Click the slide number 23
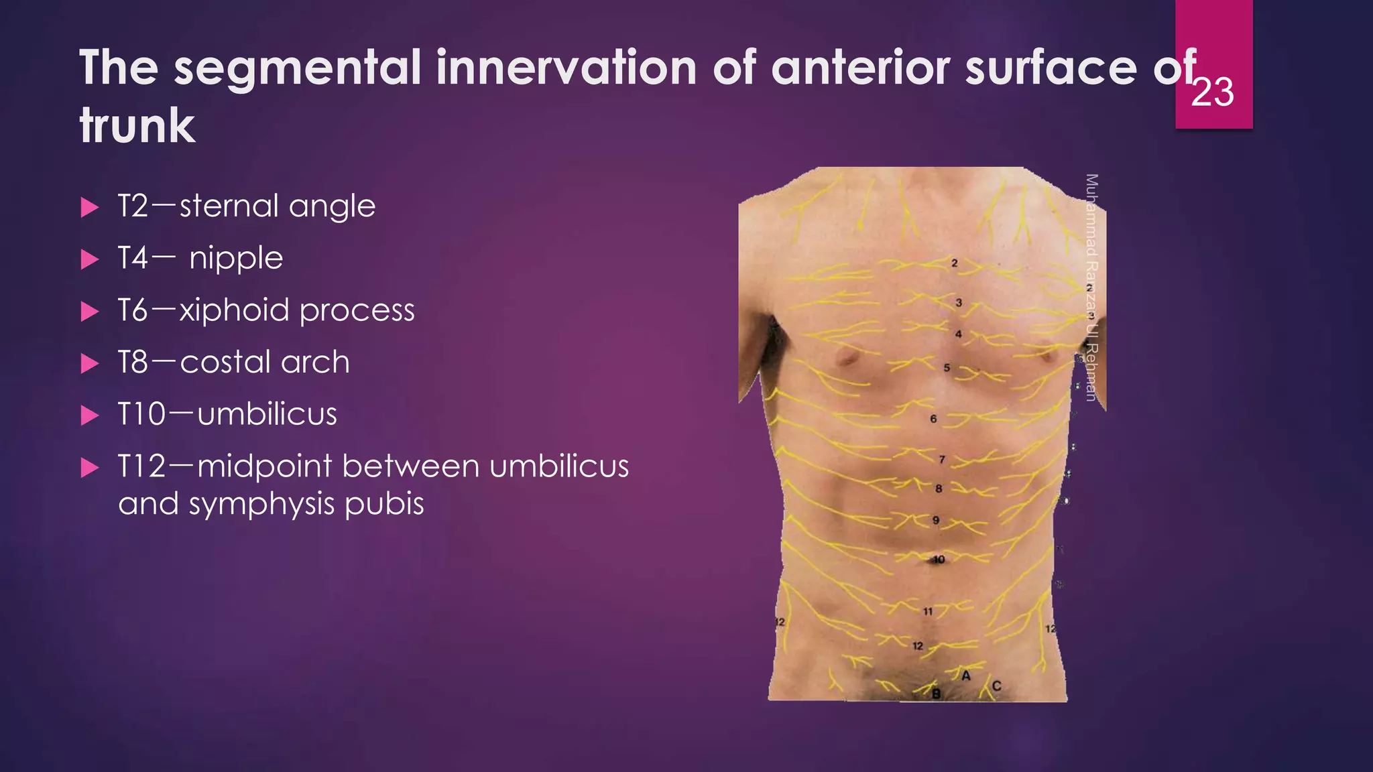coord(1212,92)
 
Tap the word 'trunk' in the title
coord(137,126)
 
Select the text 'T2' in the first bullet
coord(133,206)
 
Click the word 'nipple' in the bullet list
coord(236,259)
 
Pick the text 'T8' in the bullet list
coord(133,363)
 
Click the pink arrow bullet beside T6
coord(89,312)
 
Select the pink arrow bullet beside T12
coord(89,468)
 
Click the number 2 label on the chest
coord(955,263)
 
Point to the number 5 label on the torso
coord(947,367)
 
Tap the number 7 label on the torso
coord(942,460)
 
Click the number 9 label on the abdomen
coord(936,520)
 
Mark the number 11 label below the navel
coord(928,611)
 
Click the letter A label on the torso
coord(966,675)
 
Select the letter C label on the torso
coord(996,686)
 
